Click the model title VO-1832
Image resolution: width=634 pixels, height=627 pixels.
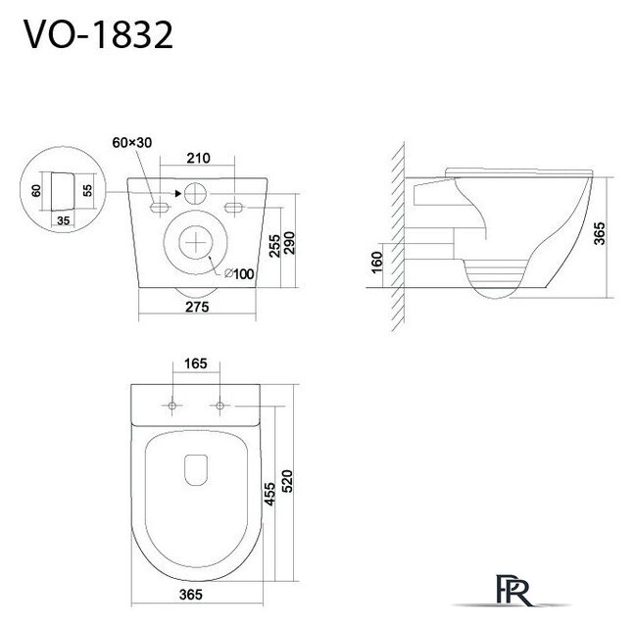tap(98, 34)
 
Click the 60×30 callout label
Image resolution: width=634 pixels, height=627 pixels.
tap(132, 142)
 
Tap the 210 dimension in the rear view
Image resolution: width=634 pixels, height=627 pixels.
tap(199, 158)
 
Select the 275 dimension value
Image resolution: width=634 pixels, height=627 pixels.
tap(197, 307)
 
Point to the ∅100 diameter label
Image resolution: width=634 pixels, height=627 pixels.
tap(239, 273)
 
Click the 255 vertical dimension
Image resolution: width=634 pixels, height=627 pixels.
tap(274, 246)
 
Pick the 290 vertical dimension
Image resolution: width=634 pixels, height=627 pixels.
tap(289, 243)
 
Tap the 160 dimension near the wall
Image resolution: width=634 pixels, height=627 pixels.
tap(376, 262)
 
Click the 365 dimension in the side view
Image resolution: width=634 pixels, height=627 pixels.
tap(600, 233)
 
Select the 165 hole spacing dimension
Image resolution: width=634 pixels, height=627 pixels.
tap(196, 363)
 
